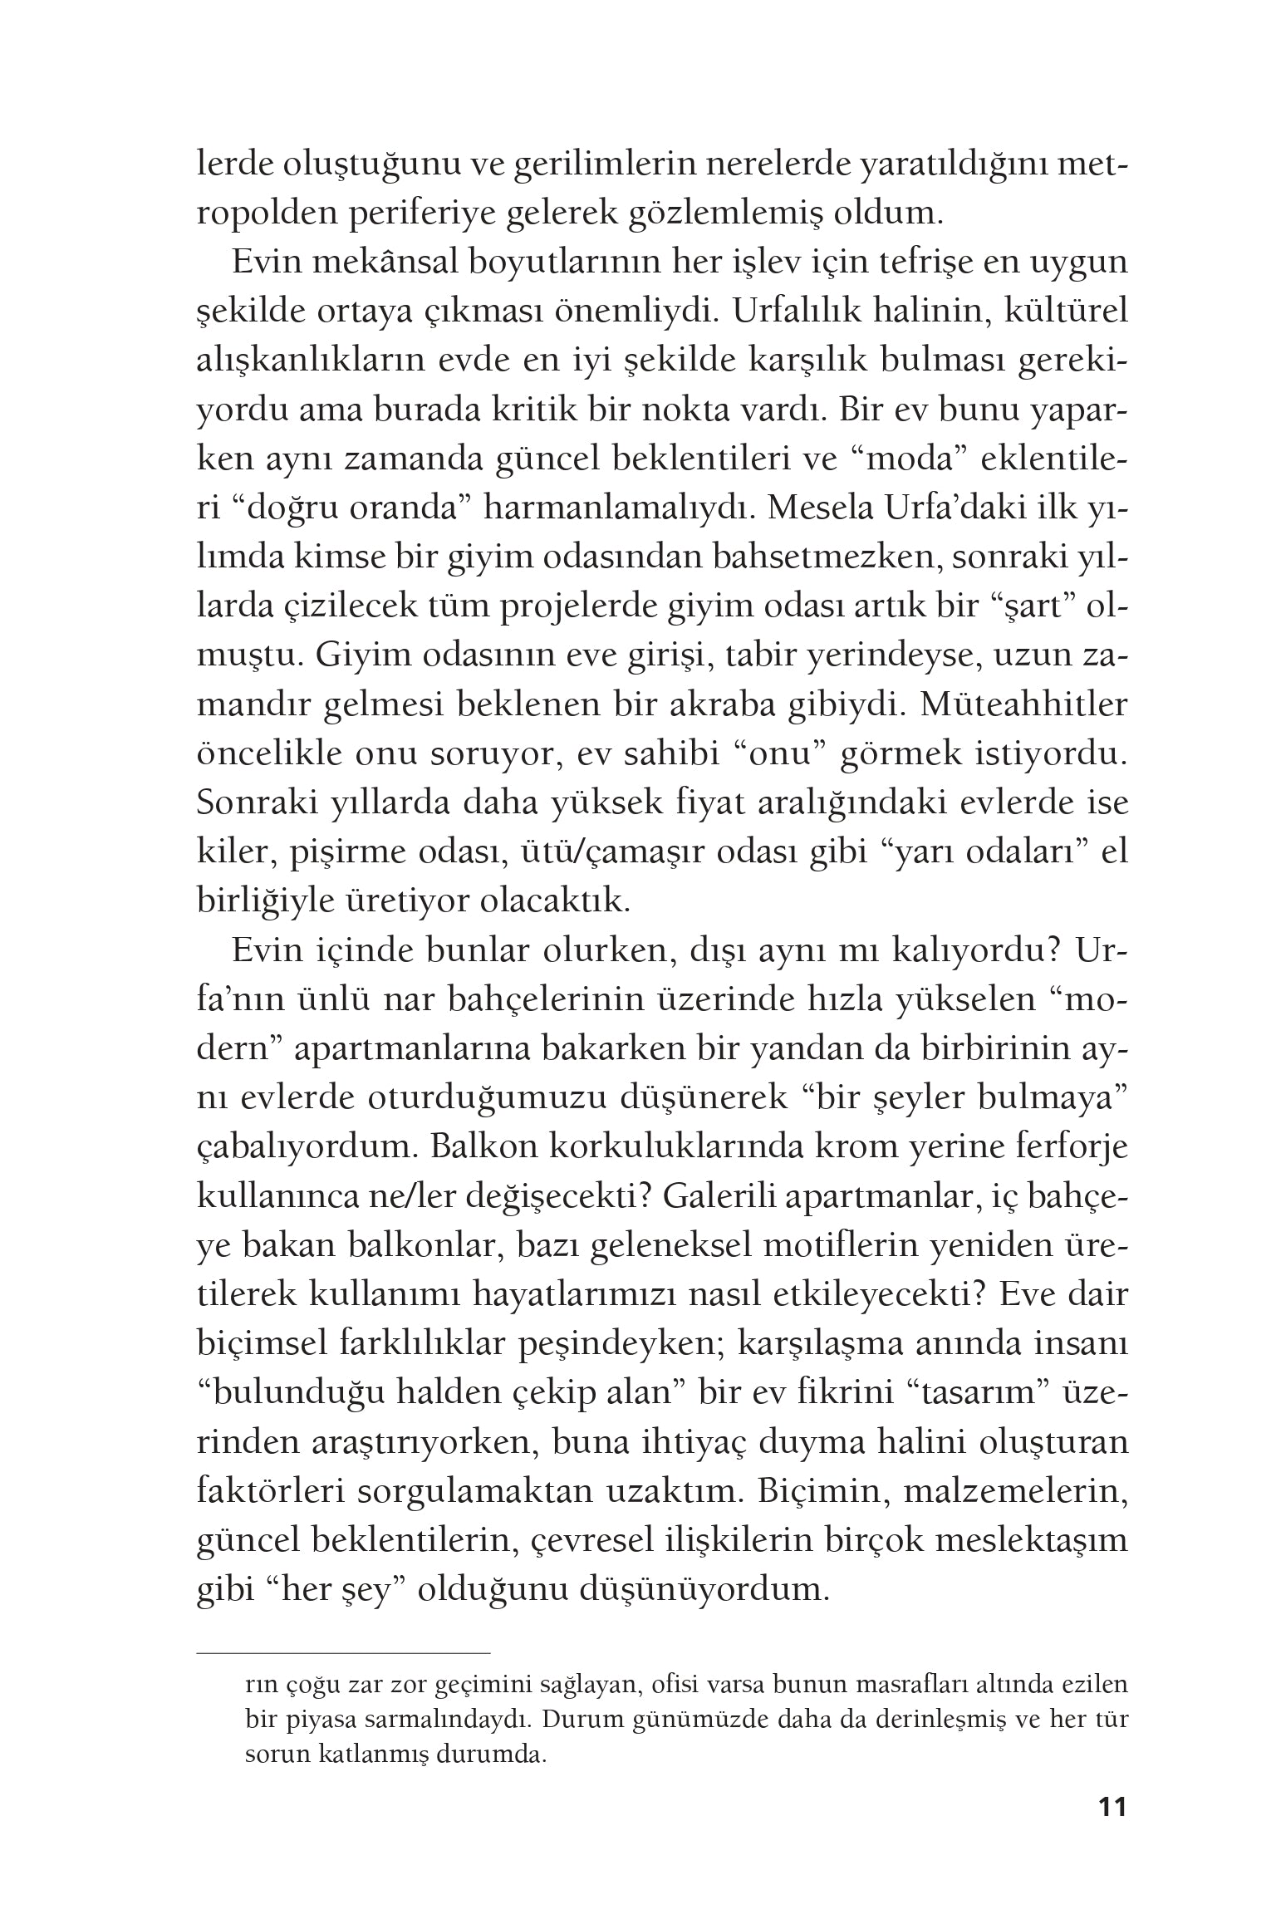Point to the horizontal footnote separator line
(344, 1654)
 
